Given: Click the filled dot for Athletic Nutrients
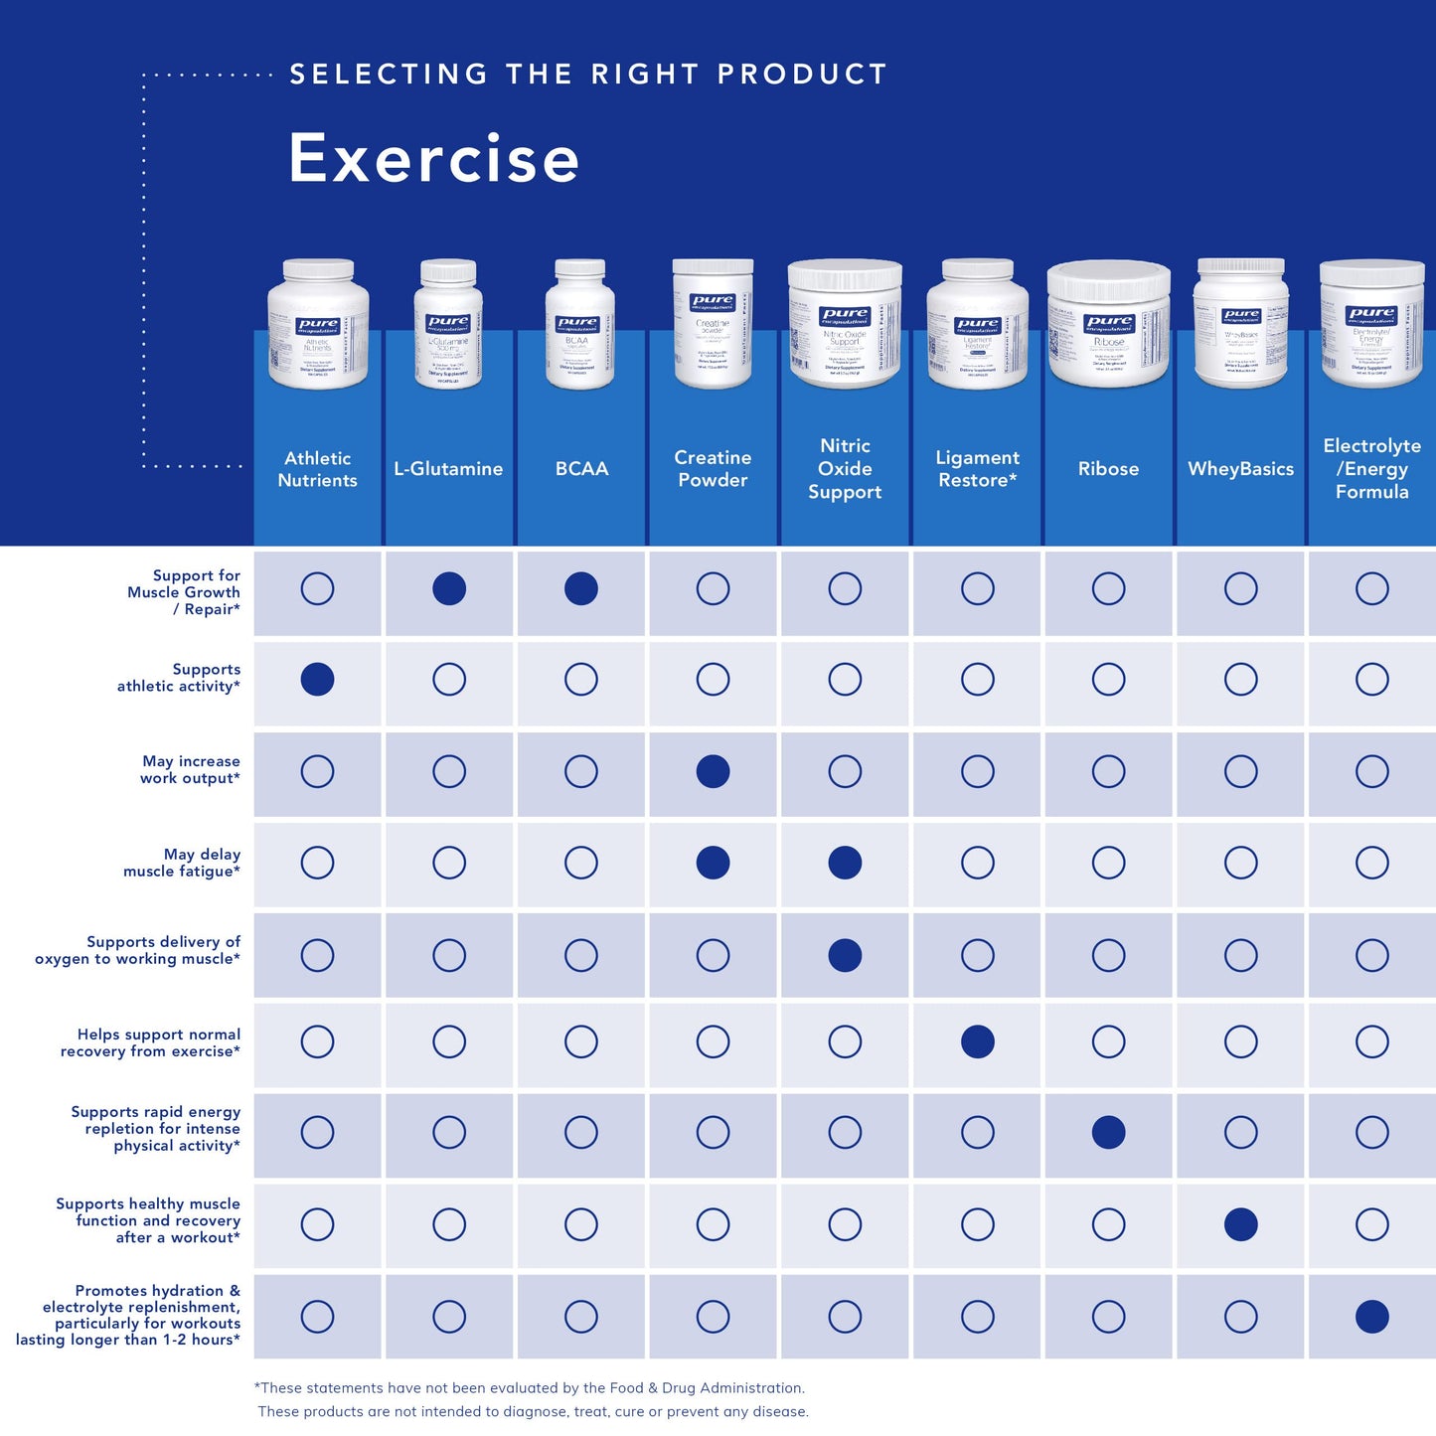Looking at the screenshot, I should tap(317, 680).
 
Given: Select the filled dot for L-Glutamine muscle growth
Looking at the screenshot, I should tap(449, 588).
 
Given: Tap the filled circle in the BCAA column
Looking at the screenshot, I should tap(581, 588).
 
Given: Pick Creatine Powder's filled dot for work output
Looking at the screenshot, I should tap(713, 771).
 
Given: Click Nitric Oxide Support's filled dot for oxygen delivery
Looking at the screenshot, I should tap(845, 955).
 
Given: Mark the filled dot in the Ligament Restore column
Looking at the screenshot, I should tap(977, 1041).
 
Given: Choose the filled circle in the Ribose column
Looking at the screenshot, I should tap(1108, 1132).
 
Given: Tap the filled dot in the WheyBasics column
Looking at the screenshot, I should tap(1240, 1224).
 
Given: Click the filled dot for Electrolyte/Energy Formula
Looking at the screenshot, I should tap(1371, 1316).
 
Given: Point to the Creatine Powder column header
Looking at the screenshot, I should tap(713, 469).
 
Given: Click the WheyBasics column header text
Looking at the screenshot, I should tap(1240, 469).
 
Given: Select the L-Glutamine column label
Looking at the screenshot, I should tap(448, 469).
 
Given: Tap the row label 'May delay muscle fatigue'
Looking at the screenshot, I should tap(182, 863).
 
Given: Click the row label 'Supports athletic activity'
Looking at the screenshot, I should tap(179, 678).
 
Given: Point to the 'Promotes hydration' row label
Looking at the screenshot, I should tap(129, 1315).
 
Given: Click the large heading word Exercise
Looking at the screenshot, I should tap(433, 159).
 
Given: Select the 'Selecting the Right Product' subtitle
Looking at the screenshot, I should tap(588, 75).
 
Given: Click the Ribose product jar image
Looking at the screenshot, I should tap(1108, 324).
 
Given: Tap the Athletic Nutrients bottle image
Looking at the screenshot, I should tap(318, 325).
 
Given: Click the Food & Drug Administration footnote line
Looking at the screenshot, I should tap(530, 1388).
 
